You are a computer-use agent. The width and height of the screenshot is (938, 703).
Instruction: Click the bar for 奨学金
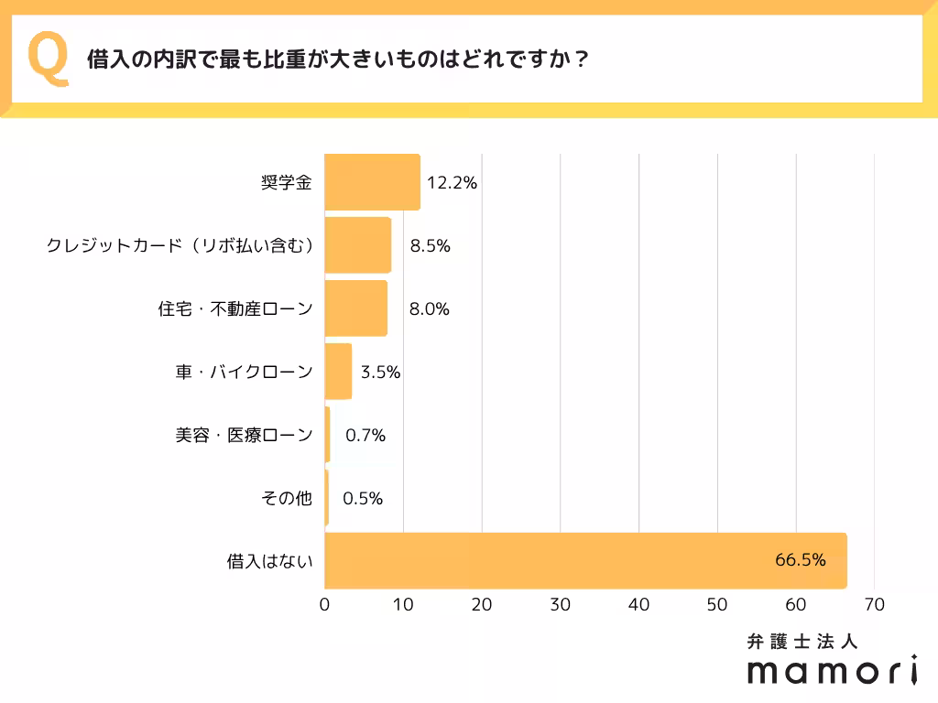click(x=372, y=182)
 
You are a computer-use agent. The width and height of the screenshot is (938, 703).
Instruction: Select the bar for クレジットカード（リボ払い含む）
click(x=357, y=245)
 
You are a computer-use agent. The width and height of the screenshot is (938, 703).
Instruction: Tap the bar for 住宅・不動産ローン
click(x=355, y=308)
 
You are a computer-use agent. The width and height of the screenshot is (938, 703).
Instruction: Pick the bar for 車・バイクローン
click(x=338, y=372)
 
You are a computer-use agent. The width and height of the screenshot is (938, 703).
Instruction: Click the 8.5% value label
click(x=431, y=246)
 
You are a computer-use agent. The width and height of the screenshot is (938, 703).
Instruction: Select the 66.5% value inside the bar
click(x=801, y=559)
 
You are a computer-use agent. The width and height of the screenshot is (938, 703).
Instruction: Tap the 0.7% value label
click(x=365, y=436)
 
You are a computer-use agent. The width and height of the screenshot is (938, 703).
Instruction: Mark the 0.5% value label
click(x=363, y=499)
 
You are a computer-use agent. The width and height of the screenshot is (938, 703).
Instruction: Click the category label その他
click(x=287, y=499)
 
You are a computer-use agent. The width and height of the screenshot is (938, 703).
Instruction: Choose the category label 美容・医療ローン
click(x=244, y=436)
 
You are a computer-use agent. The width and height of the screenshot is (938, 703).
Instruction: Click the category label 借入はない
click(x=270, y=561)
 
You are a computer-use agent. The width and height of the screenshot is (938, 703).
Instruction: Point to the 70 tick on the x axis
click(x=874, y=605)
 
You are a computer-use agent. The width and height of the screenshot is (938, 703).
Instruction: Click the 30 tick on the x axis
click(x=560, y=605)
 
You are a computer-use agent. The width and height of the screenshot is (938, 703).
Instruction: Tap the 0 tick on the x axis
click(x=325, y=605)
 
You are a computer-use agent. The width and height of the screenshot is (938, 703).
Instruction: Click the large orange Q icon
click(x=49, y=59)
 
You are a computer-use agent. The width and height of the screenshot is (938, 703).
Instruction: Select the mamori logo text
click(x=832, y=670)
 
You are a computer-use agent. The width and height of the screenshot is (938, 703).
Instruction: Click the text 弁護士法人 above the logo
click(x=802, y=642)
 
